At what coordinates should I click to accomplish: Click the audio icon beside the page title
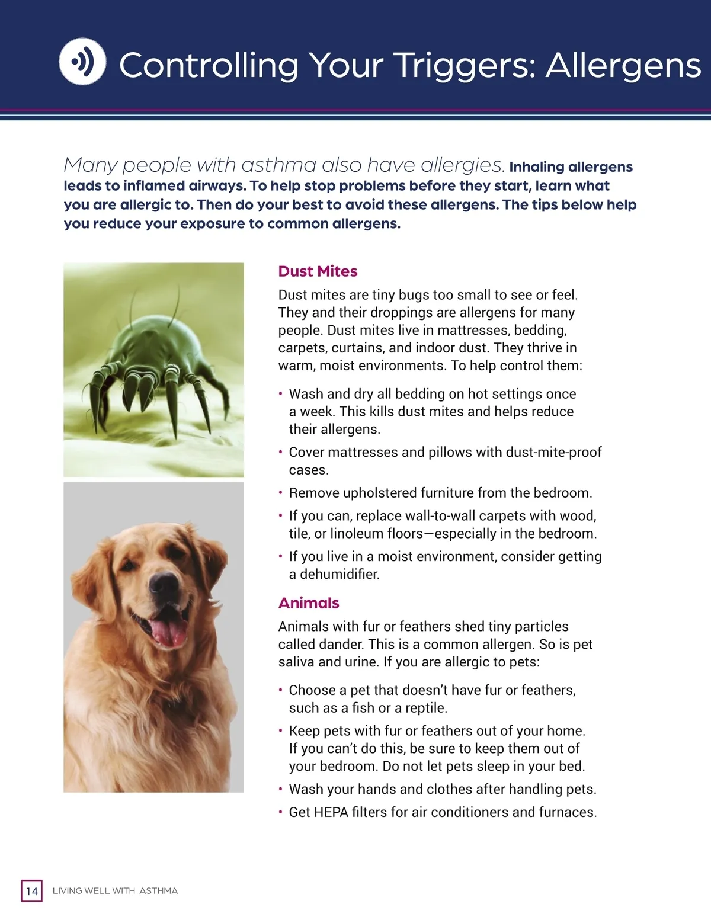(x=82, y=62)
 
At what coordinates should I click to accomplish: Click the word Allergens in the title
(x=623, y=65)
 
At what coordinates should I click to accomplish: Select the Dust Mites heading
(x=318, y=271)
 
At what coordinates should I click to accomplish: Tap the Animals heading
(x=309, y=603)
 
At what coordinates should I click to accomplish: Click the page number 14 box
(x=32, y=891)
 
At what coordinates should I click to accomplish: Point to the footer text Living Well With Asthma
(x=115, y=891)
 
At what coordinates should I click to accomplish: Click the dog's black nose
(x=164, y=585)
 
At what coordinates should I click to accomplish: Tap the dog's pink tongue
(x=169, y=632)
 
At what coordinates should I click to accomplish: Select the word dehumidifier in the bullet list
(x=340, y=574)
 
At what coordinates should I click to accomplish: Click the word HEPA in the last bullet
(x=331, y=812)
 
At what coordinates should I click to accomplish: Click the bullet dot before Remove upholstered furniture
(x=280, y=493)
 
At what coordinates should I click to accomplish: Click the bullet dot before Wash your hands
(x=280, y=789)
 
